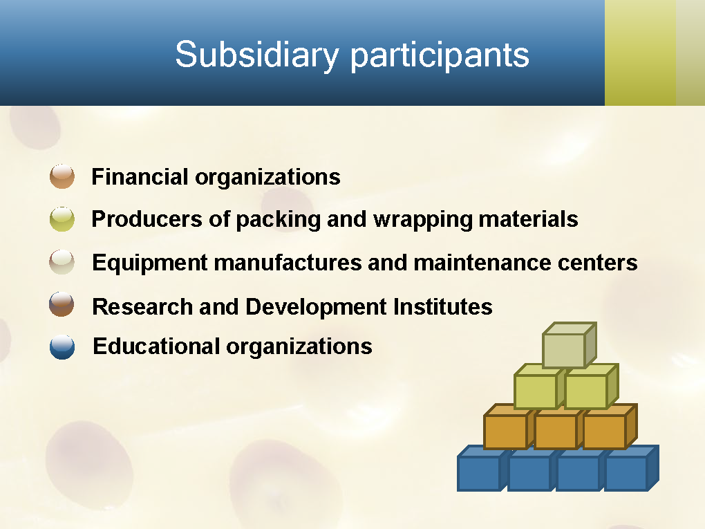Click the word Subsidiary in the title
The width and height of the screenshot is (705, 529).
[256, 55]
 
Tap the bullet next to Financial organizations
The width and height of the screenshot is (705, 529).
[62, 176]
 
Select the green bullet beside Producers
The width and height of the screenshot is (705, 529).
[62, 219]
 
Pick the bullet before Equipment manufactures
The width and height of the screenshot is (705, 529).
[62, 262]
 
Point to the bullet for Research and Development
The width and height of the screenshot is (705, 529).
[62, 304]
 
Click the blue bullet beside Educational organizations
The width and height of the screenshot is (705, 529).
[62, 347]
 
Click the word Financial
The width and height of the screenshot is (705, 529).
[140, 176]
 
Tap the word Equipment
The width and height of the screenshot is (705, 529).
[150, 263]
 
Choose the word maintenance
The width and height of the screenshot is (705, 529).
[482, 263]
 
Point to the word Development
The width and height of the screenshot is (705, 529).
[316, 308]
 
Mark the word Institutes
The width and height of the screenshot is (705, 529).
[443, 307]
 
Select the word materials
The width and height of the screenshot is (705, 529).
[528, 219]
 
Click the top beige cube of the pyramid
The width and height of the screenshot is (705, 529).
[570, 345]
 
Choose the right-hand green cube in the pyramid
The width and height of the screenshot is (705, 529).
[591, 387]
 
